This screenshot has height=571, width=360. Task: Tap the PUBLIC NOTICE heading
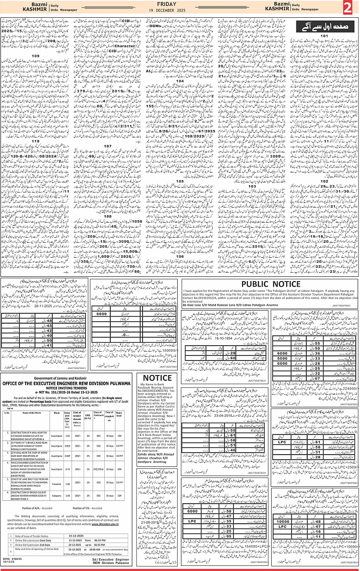coord(270,285)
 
